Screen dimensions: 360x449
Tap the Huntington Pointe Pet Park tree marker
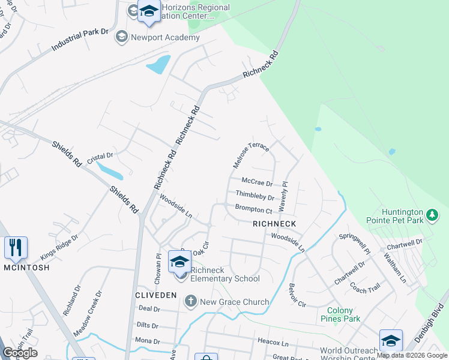(432, 214)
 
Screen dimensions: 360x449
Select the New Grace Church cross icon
(191, 301)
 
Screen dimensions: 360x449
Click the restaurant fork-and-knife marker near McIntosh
(16, 247)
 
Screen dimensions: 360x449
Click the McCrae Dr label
(257, 182)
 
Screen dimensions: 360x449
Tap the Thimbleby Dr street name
(255, 195)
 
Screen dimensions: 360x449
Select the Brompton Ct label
(254, 209)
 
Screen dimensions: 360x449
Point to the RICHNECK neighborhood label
(274, 223)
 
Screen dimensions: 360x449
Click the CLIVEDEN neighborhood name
(155, 295)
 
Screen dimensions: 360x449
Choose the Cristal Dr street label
(100, 158)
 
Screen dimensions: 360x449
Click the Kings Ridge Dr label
(59, 247)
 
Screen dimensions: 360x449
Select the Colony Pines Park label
(340, 315)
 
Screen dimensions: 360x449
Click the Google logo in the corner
(20, 353)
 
